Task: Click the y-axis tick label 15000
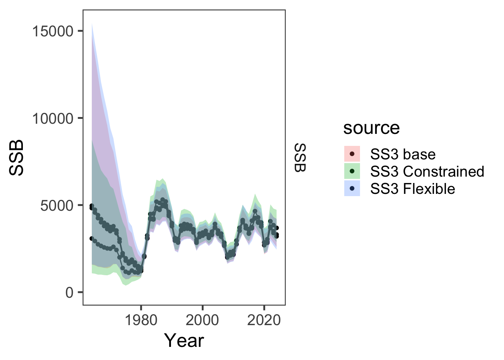(x=52, y=31)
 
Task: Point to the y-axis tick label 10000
(x=52, y=118)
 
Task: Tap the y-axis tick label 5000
(x=57, y=205)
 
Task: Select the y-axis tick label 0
(x=69, y=292)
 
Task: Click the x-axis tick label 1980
(x=141, y=320)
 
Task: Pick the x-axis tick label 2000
(x=202, y=320)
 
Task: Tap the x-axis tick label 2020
(x=264, y=320)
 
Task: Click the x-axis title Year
(x=184, y=340)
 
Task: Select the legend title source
(x=371, y=128)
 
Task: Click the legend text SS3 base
(x=403, y=154)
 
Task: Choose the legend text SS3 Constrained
(x=427, y=171)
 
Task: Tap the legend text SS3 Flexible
(x=412, y=189)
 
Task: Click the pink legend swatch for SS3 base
(x=352, y=154)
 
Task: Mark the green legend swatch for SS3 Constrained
(x=352, y=171)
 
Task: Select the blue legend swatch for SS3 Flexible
(x=352, y=189)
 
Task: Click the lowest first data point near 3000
(x=92, y=238)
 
